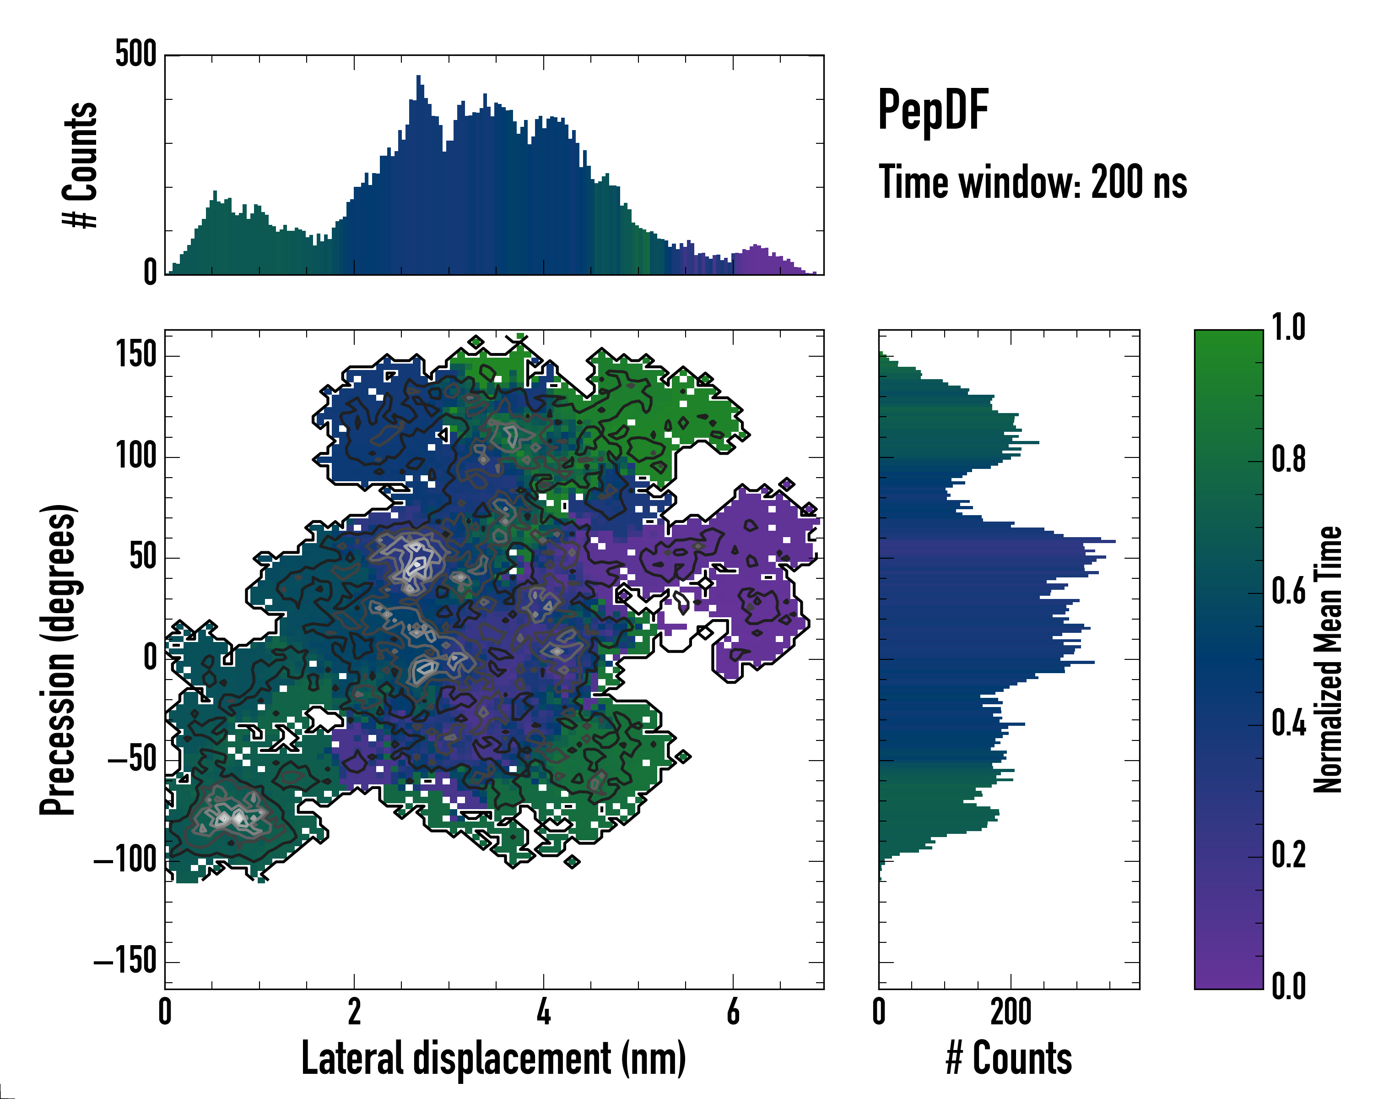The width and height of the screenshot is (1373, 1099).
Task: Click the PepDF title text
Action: (x=933, y=110)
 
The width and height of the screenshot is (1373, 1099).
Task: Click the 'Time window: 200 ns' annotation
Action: (x=1032, y=183)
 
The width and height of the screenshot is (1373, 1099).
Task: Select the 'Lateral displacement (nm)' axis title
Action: (x=493, y=1058)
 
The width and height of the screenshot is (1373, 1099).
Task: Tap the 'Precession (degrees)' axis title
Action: (x=58, y=659)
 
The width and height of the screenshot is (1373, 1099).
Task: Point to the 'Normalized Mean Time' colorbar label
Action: (x=1328, y=659)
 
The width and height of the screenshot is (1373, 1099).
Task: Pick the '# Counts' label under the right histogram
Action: (x=1009, y=1058)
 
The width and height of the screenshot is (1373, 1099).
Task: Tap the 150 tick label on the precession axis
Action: (x=135, y=355)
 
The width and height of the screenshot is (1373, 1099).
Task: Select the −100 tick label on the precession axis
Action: (x=125, y=861)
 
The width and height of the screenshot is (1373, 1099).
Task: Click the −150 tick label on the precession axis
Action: (x=125, y=961)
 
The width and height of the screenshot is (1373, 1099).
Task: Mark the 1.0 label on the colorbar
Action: (x=1288, y=328)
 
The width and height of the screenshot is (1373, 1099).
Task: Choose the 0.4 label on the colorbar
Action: (x=1288, y=724)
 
